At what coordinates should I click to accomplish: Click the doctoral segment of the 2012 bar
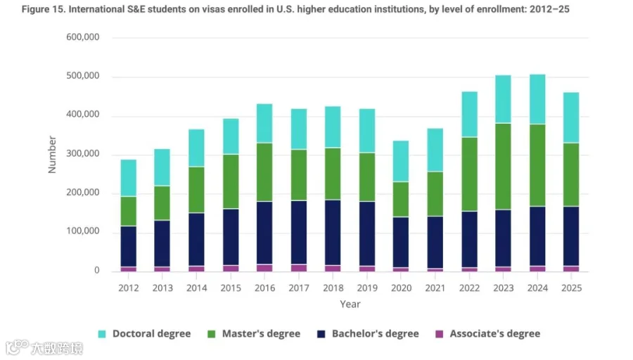[x=129, y=178]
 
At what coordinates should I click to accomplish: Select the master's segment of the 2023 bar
[x=503, y=166]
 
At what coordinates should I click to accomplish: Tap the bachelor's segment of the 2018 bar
[x=333, y=233]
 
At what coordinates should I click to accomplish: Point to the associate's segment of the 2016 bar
[x=264, y=268]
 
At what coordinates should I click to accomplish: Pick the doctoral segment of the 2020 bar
[x=401, y=161]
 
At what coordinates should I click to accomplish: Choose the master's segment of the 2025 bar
[x=571, y=175]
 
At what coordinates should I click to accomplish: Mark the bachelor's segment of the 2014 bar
[x=196, y=239]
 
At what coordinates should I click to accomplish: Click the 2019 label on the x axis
[x=367, y=288]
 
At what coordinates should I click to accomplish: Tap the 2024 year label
[x=537, y=288]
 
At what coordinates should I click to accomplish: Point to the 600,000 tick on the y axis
[x=83, y=37]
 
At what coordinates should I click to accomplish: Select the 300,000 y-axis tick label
[x=83, y=154]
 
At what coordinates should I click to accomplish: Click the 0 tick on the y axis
[x=97, y=271]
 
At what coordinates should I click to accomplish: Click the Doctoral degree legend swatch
[x=102, y=334]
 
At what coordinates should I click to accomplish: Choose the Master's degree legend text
[x=261, y=334]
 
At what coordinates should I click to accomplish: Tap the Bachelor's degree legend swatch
[x=321, y=334]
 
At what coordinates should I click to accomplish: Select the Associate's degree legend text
[x=495, y=334]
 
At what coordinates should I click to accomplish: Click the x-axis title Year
[x=350, y=304]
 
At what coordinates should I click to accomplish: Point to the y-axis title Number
[x=52, y=155]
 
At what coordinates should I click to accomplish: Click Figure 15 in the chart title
[x=43, y=9]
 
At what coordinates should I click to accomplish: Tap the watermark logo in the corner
[x=18, y=347]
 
